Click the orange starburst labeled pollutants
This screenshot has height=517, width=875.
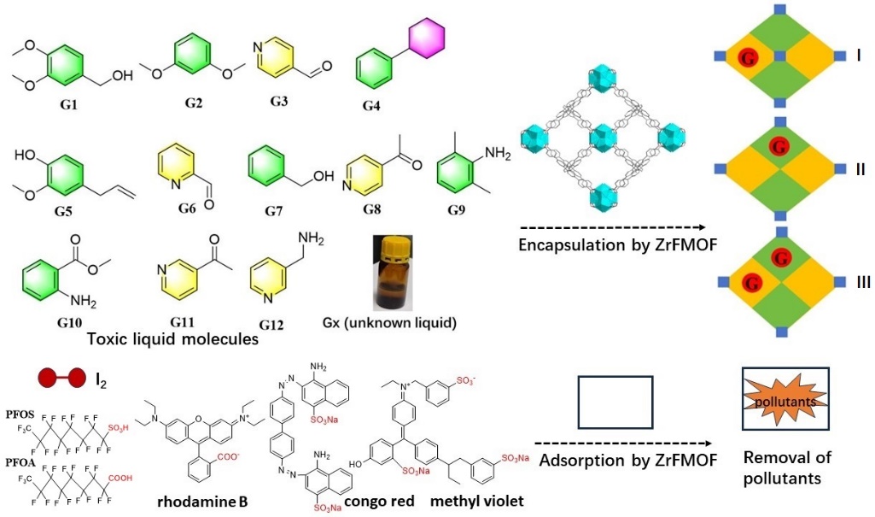tap(780, 402)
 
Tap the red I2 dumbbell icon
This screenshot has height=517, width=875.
tap(61, 376)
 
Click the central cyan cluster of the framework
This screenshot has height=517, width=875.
tap(603, 138)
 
